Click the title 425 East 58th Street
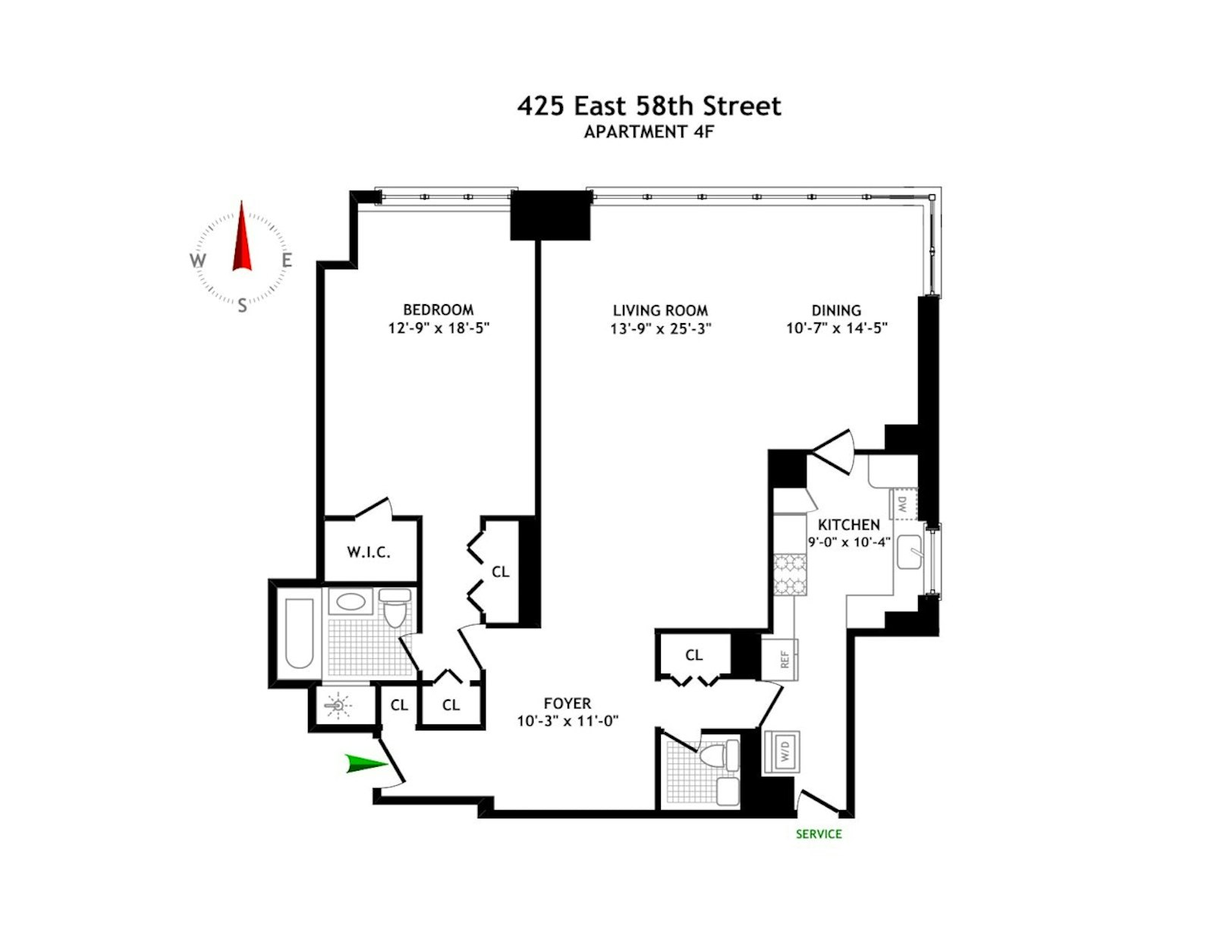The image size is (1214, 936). [x=649, y=105]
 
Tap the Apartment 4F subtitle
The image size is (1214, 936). [x=649, y=132]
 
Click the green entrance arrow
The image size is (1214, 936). [x=365, y=764]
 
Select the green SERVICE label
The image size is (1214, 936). [x=819, y=834]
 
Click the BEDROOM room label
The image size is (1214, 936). [x=438, y=309]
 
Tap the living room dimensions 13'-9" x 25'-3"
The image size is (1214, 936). [x=660, y=328]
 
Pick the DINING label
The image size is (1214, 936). [x=836, y=310]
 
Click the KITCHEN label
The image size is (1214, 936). [x=848, y=524]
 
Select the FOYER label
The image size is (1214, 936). [x=567, y=703]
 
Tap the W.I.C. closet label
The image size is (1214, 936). [x=369, y=552]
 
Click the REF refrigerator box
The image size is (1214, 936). [x=784, y=659]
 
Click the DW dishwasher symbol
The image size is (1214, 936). [x=904, y=504]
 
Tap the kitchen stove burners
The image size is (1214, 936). [x=790, y=573]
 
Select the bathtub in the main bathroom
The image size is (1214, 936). [x=299, y=633]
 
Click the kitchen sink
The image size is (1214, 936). [x=908, y=551]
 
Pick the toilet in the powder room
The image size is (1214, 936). [x=717, y=755]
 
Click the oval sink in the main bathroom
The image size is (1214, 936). [x=351, y=602]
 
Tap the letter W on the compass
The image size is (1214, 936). [x=197, y=261]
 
